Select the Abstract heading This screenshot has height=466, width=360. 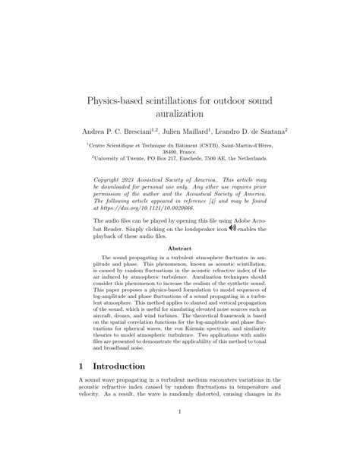click(x=179, y=249)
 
